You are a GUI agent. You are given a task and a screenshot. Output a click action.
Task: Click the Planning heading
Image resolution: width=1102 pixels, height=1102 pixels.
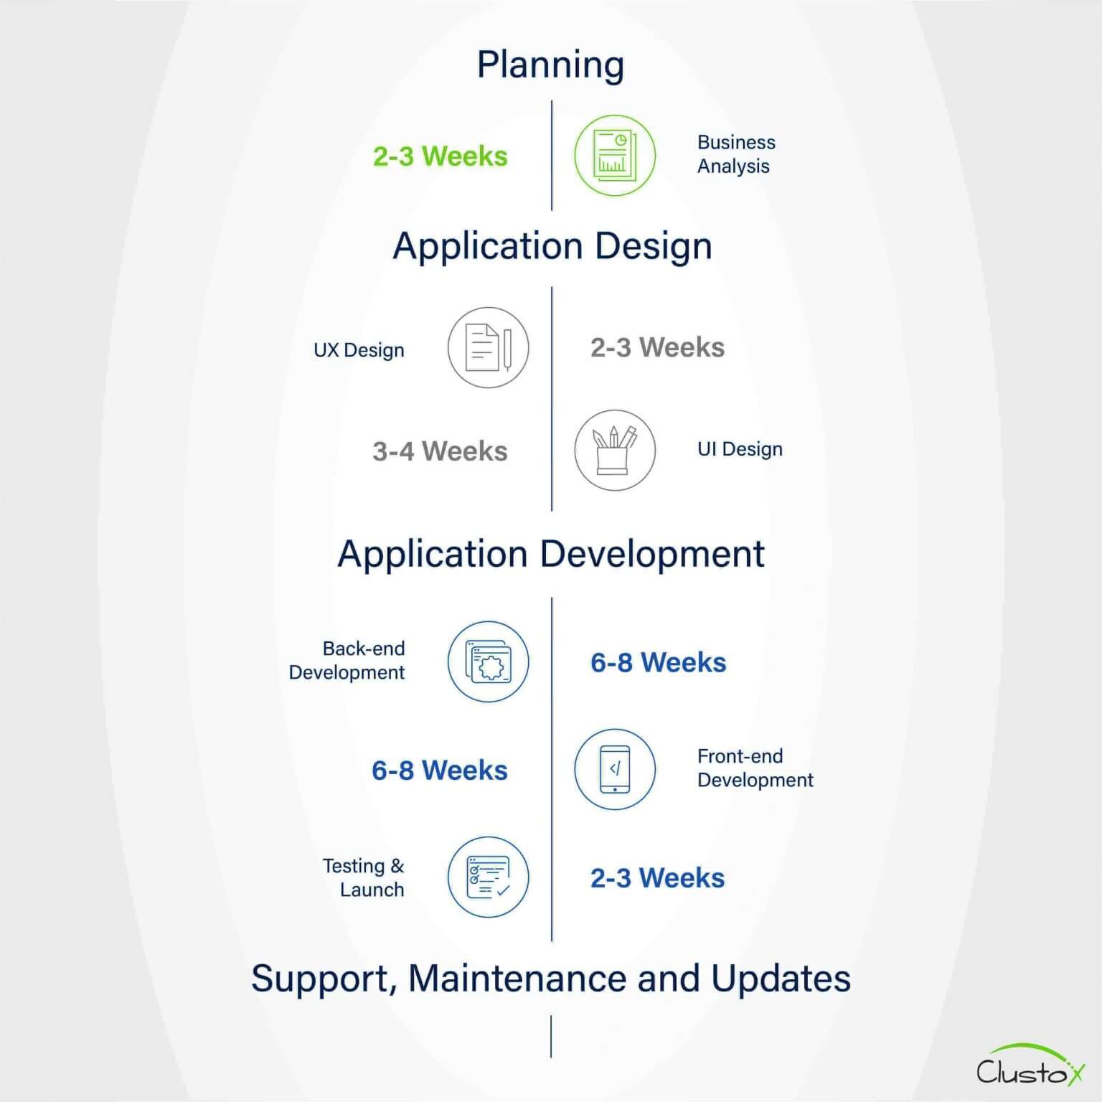550,65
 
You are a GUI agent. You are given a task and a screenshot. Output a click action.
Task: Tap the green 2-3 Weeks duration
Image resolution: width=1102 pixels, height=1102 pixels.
440,156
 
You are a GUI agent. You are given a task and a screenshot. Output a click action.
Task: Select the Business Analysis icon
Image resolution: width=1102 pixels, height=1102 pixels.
615,156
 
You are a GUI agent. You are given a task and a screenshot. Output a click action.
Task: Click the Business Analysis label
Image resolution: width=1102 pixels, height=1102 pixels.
736,154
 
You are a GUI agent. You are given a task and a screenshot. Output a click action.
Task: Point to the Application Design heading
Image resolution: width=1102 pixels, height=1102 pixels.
552,246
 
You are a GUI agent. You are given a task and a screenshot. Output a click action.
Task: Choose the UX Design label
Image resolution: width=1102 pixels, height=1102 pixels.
359,350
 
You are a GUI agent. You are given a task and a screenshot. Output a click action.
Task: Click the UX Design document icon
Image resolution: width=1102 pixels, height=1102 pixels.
488,348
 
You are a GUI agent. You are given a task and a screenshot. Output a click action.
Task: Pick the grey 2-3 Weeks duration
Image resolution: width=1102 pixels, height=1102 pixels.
657,348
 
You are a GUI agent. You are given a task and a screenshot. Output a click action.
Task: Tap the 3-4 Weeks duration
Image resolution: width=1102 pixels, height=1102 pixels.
440,451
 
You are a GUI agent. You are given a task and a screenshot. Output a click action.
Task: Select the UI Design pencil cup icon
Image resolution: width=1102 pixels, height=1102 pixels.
615,451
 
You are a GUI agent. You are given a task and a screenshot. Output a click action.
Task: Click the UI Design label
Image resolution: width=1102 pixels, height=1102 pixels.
740,449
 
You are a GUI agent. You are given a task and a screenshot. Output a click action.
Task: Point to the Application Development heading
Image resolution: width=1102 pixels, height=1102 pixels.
551,554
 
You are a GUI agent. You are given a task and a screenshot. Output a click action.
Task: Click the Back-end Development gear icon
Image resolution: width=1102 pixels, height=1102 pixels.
488,661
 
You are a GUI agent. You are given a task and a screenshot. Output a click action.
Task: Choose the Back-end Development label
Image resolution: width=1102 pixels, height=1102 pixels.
347,661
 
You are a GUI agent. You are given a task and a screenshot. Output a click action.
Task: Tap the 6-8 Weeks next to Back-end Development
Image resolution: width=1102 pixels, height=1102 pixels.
658,663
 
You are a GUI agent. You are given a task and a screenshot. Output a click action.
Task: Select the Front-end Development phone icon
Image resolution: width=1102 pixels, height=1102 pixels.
615,769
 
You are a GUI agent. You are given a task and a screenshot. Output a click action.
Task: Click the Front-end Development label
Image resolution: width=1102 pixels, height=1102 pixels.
755,768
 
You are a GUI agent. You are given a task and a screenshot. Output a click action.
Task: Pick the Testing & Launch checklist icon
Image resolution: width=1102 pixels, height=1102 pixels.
488,877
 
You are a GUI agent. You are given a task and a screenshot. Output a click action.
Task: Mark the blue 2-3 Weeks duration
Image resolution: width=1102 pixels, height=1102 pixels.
657,878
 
